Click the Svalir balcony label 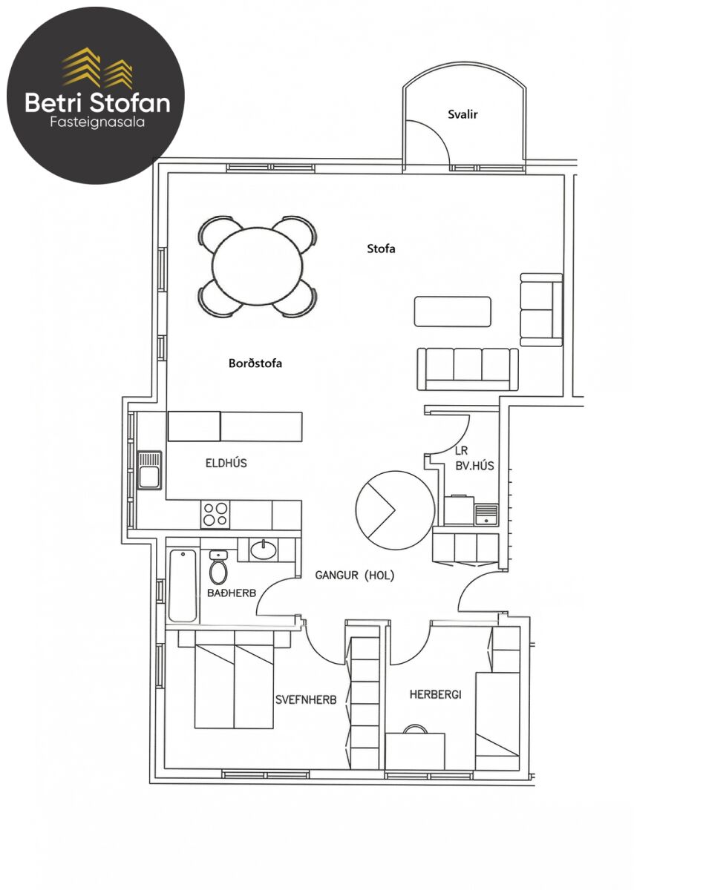pos(463,114)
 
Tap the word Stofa pos(381,248)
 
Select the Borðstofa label pos(255,363)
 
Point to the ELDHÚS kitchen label pos(226,463)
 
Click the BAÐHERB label pos(232,593)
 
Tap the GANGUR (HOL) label pos(354,575)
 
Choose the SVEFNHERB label pos(306,699)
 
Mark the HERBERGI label pos(435,694)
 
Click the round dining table pos(257,266)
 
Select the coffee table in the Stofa pos(453,311)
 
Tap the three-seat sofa pos(468,369)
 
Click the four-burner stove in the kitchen pos(215,514)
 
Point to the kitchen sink pos(149,470)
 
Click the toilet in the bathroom pos(218,567)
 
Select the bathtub pos(183,586)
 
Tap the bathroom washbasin pos(264,550)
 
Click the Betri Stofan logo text pos(98,103)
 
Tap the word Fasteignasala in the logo pos(97,122)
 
